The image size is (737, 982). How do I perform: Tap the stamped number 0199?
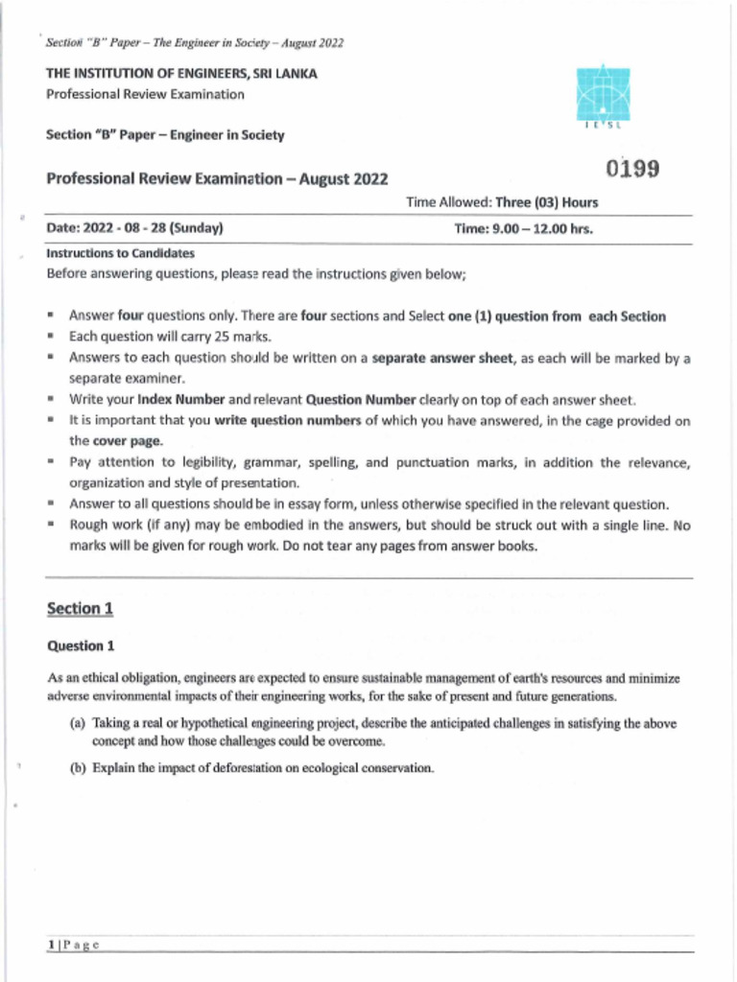click(x=632, y=169)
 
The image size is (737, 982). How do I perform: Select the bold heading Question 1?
click(x=82, y=645)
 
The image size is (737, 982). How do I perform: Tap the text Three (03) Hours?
click(x=547, y=202)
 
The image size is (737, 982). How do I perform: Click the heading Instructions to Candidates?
click(x=121, y=254)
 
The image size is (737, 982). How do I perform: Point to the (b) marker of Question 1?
click(x=78, y=768)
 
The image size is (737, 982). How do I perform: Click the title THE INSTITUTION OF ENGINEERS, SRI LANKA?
click(x=182, y=74)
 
